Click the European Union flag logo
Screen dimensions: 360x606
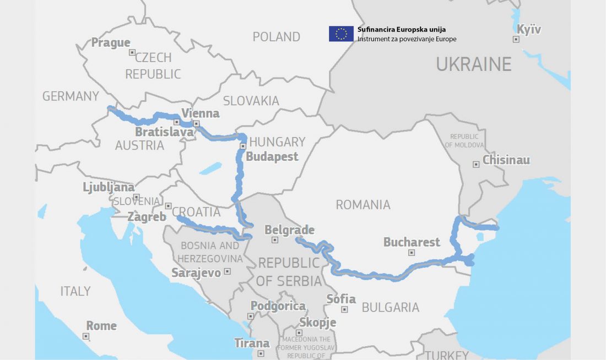(341, 34)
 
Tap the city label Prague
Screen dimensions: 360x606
(111, 42)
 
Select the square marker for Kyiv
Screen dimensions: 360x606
(516, 39)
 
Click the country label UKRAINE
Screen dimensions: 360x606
(474, 64)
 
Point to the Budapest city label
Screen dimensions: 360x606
(272, 156)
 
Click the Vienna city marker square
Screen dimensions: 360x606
(196, 124)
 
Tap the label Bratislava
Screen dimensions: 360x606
(164, 132)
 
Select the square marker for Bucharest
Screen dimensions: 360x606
(412, 253)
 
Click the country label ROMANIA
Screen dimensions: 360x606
(363, 205)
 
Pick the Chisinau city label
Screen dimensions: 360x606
(506, 160)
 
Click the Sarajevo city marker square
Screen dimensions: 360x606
(227, 271)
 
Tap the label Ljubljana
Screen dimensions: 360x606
(109, 187)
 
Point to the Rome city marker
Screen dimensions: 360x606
(86, 336)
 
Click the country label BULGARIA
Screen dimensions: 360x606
(390, 307)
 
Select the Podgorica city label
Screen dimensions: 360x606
(278, 306)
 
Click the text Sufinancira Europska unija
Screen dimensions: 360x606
(402, 29)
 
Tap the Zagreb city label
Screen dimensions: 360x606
(147, 217)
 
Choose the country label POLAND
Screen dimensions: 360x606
(277, 37)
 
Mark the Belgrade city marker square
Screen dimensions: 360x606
(275, 240)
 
